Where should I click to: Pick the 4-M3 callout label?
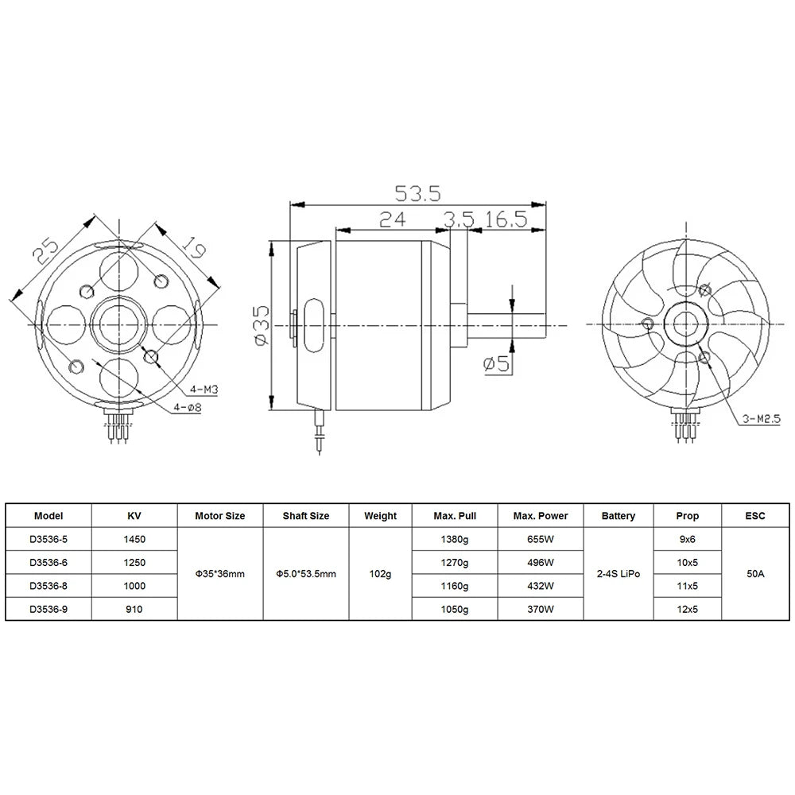205,390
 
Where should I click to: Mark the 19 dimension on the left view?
193,248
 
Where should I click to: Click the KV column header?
134,516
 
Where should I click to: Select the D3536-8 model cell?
49,586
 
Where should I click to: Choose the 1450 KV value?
134,539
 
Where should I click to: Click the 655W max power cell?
541,539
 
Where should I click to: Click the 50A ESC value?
755,574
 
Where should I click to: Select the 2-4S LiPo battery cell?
618,574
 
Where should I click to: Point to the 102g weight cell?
380,574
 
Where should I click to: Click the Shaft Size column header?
305,516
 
